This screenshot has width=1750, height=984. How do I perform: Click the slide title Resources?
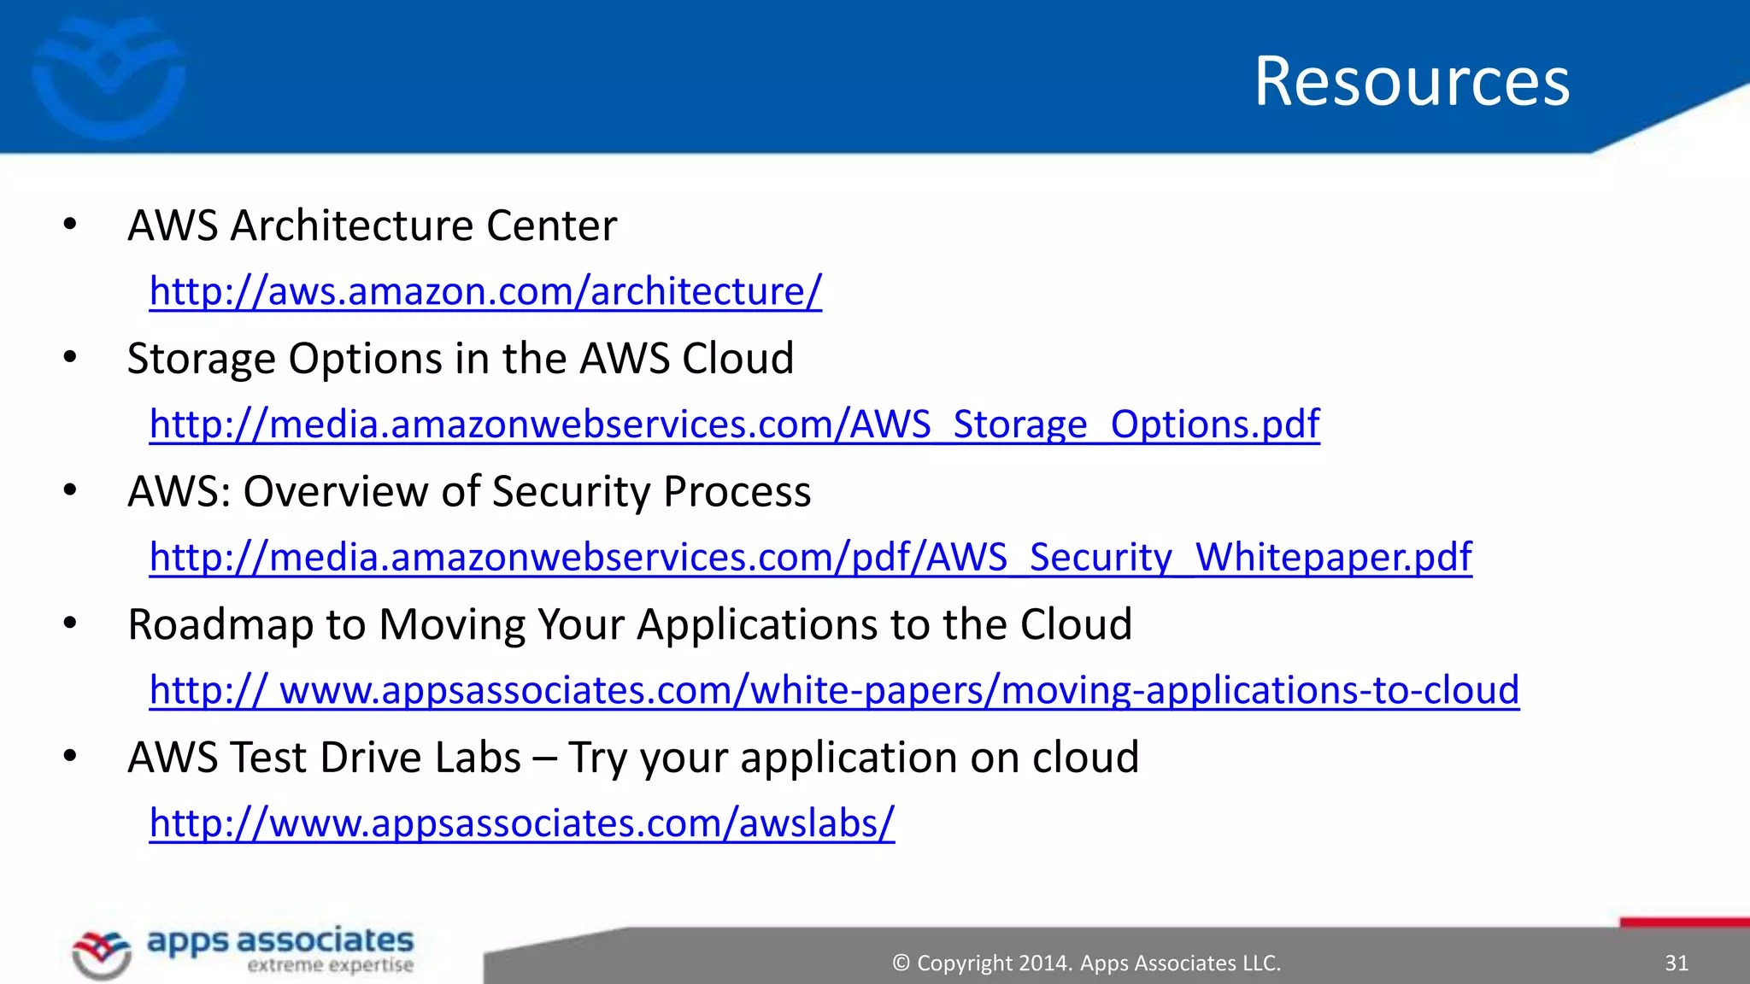tap(1412, 81)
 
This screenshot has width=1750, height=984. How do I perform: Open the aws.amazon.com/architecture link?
tap(485, 291)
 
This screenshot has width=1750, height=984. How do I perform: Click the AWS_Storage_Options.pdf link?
tap(735, 425)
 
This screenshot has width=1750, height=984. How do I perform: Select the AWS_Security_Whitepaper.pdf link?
tap(810, 557)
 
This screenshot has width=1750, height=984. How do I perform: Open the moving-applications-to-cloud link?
tap(834, 690)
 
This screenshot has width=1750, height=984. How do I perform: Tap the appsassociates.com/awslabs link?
tap(521, 823)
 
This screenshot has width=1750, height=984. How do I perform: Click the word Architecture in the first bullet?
tap(350, 225)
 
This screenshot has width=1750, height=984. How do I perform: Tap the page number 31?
tap(1677, 963)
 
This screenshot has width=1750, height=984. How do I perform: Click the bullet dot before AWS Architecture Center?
tap(70, 225)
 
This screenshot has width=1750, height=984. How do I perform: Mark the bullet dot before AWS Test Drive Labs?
tap(70, 757)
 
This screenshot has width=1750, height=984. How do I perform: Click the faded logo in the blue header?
tap(109, 77)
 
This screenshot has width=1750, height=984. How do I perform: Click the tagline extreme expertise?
tap(330, 966)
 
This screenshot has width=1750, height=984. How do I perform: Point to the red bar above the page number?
tap(1684, 922)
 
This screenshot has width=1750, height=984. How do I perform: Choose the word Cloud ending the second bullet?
tap(737, 359)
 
